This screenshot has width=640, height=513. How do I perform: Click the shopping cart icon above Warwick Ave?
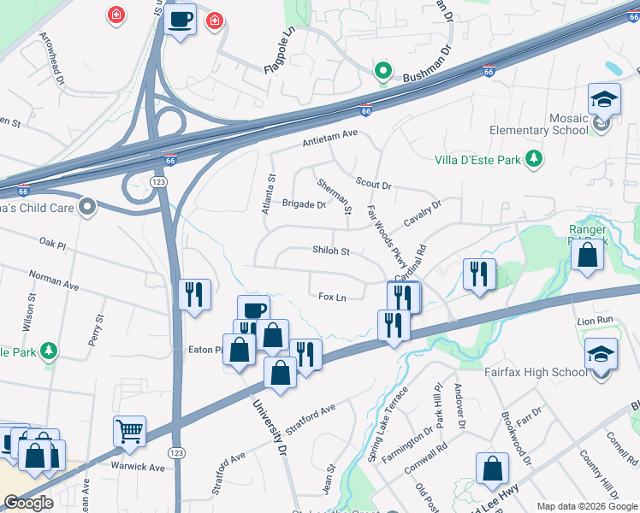[129, 432]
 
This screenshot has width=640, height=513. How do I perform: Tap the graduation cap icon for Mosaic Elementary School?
[604, 99]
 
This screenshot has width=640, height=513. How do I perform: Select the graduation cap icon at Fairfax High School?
[601, 355]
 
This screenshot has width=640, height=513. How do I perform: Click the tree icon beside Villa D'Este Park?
[535, 158]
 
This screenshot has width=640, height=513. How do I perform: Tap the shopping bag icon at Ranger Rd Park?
[587, 255]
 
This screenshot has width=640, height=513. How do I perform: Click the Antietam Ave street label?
[329, 143]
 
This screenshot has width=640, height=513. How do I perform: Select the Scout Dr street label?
[373, 185]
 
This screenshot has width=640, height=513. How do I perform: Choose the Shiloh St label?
[331, 251]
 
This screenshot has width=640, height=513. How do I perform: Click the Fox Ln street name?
[332, 297]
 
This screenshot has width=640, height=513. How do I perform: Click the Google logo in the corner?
[29, 503]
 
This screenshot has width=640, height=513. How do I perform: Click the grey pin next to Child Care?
[87, 206]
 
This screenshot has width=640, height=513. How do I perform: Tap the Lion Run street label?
[596, 320]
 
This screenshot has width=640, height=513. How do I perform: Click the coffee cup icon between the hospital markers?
[181, 19]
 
